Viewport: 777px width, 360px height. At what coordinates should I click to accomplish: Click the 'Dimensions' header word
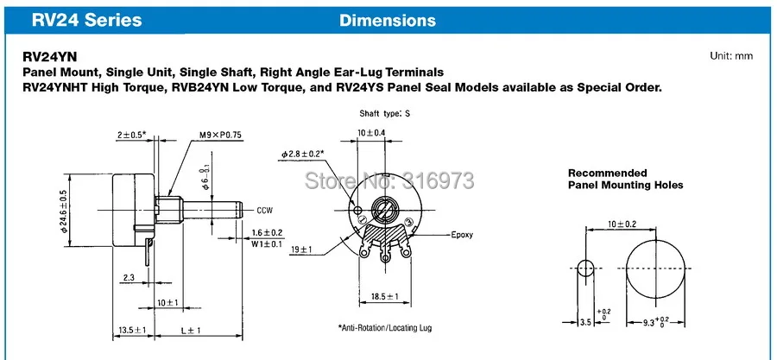click(388, 19)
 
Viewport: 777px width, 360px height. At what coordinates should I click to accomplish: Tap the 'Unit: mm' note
click(731, 56)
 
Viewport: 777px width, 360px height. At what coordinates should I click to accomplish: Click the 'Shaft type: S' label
click(384, 114)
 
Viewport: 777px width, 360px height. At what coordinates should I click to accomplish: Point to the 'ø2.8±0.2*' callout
click(301, 154)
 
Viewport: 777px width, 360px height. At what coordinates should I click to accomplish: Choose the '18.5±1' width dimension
click(379, 297)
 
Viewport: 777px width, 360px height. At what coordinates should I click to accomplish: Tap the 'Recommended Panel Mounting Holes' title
click(625, 179)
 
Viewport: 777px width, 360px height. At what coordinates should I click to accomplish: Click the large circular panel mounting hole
click(661, 268)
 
